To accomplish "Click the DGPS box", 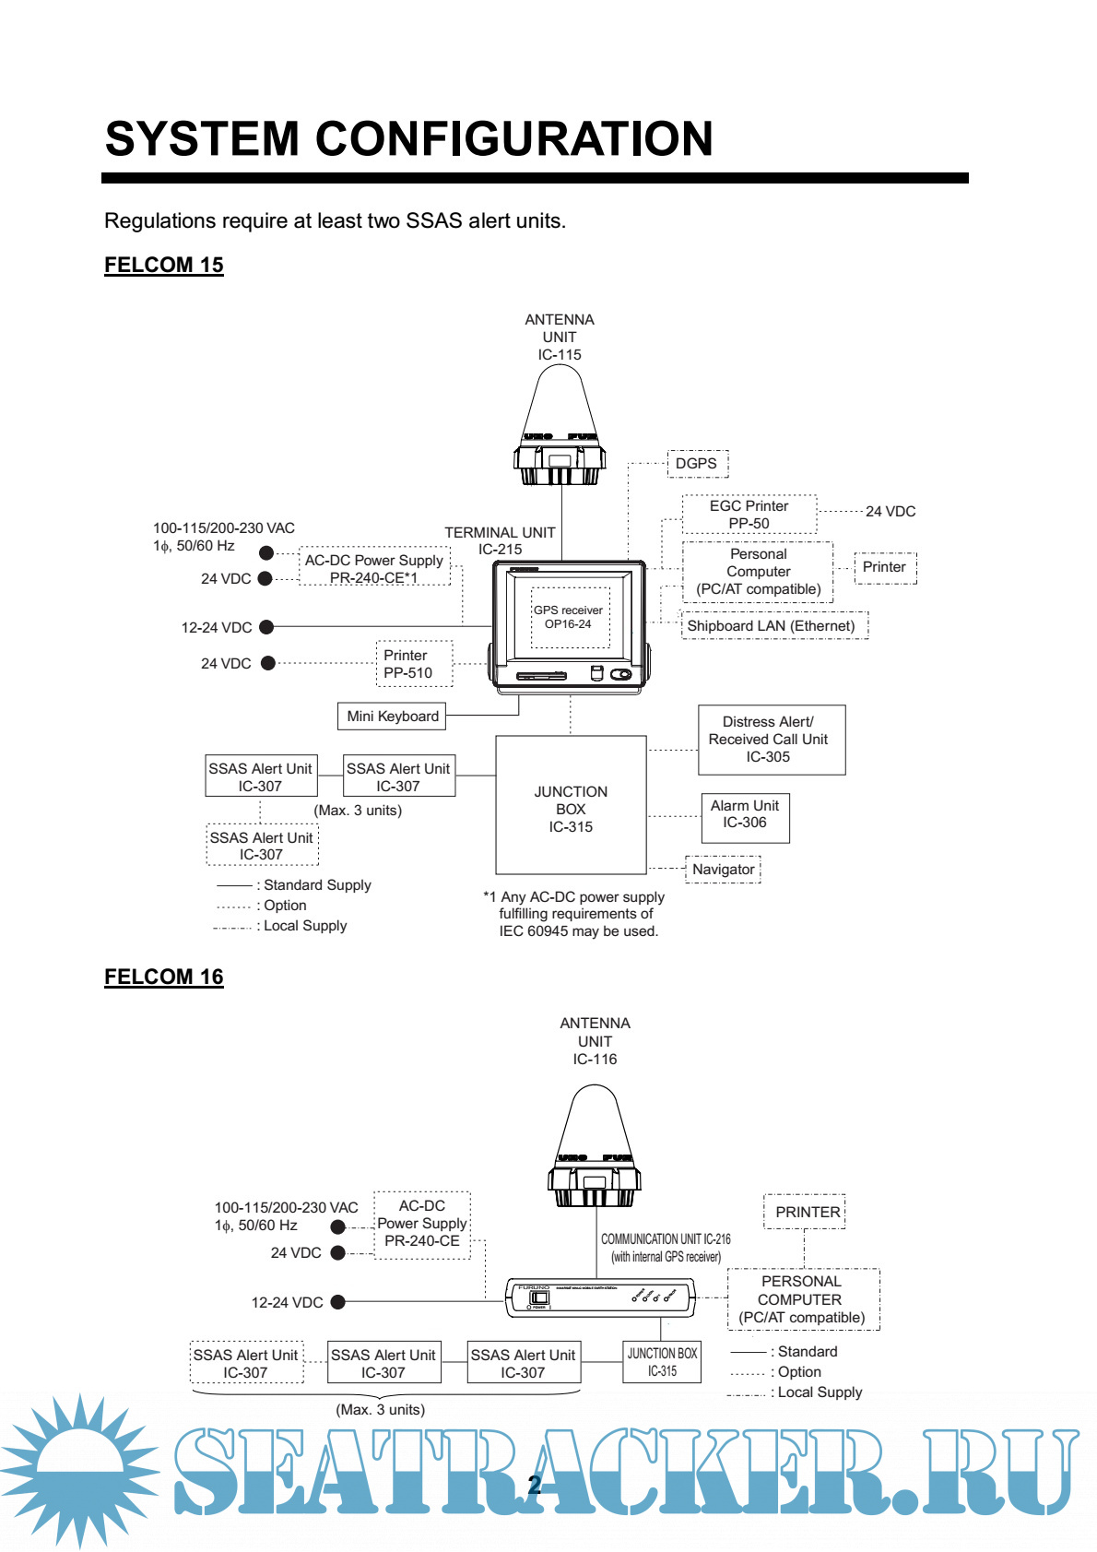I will (x=697, y=464).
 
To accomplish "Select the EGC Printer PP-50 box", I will (x=749, y=515).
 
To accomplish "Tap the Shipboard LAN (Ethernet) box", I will (x=773, y=625).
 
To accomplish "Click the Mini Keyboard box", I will (x=393, y=717).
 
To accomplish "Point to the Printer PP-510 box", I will (x=414, y=664).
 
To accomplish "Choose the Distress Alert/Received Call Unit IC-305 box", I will (x=771, y=740).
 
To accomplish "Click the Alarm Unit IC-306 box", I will (x=745, y=818).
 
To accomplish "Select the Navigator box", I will (x=724, y=870).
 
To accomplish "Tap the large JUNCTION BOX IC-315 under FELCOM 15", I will (x=571, y=805).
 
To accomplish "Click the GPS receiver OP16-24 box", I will (x=569, y=617).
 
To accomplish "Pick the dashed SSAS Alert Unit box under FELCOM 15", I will (x=262, y=845).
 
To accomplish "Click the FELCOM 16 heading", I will (x=164, y=977).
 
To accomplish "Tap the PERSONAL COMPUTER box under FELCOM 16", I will (x=803, y=1299).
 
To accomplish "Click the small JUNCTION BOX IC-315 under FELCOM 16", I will (x=662, y=1362).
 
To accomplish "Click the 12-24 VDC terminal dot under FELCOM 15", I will (x=266, y=627).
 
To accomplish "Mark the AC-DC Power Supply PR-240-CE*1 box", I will (x=375, y=568).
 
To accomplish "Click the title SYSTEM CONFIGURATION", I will (x=409, y=138).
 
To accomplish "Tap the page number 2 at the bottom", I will (x=534, y=1485).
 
